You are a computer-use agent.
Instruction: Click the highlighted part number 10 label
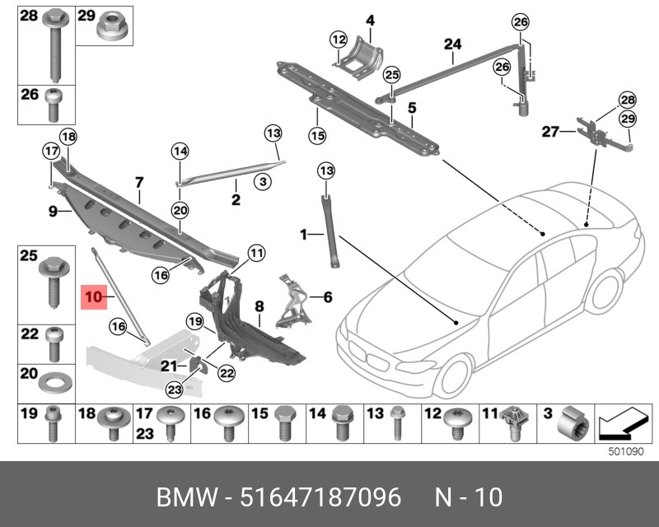93,294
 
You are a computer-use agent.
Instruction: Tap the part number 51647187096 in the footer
320,498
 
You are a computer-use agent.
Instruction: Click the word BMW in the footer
188,498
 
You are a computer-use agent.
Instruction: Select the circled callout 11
256,253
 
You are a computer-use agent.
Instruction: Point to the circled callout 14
180,151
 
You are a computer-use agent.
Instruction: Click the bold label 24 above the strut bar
453,44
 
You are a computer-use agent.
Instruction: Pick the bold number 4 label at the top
370,20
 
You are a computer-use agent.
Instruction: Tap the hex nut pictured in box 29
108,30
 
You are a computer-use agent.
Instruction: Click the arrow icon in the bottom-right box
619,427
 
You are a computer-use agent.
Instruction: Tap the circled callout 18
68,137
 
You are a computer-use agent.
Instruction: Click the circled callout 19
194,321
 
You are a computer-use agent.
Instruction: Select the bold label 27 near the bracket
549,131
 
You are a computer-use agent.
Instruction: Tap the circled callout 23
174,389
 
